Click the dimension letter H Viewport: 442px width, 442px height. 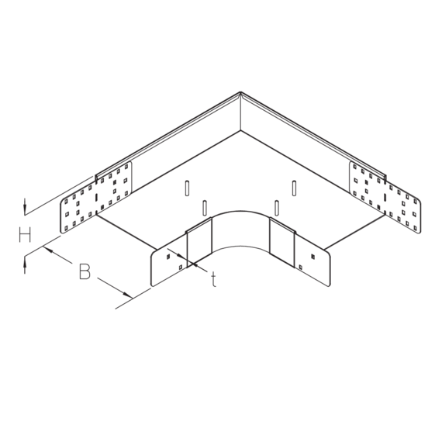25,235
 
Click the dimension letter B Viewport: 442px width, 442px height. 85,271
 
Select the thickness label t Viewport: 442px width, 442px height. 214,279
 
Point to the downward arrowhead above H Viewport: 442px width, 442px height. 25,209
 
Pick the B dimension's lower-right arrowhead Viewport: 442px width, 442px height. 127,295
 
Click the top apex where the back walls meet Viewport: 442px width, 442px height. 240,92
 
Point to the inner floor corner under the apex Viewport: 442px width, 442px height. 240,130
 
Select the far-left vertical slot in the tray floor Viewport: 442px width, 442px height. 187,188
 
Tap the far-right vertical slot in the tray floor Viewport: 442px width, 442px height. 294,188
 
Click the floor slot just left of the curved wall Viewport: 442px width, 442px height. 205,208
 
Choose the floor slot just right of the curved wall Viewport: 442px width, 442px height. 277,208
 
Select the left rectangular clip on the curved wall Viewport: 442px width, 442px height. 199,243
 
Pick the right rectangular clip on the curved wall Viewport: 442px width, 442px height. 282,243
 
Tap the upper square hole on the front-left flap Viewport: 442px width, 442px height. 168,257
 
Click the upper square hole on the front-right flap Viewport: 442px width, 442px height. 313,257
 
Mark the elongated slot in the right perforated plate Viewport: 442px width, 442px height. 385,198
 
